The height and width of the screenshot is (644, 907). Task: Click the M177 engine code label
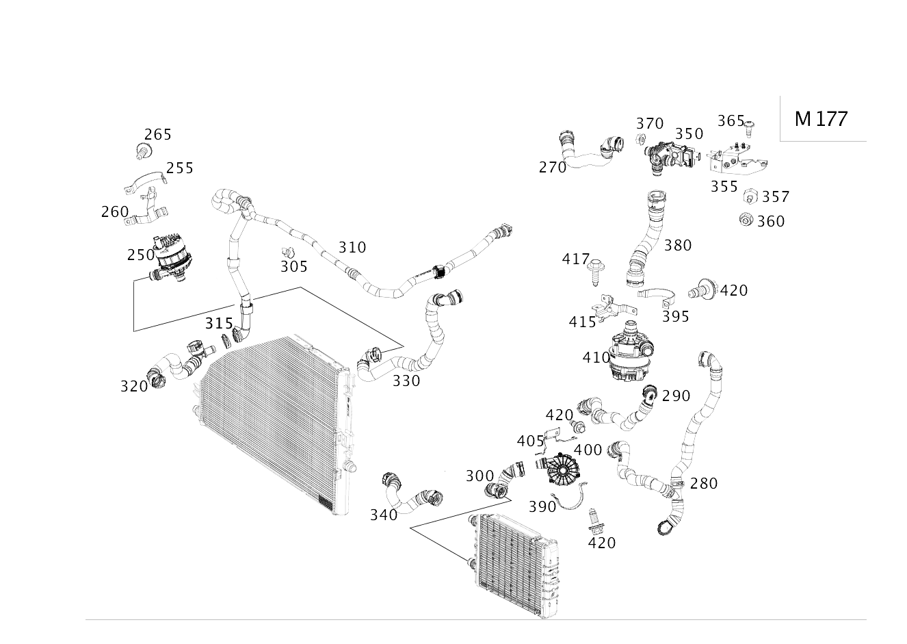[821, 118]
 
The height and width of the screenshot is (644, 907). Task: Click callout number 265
[157, 134]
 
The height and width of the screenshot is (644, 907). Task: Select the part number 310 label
[352, 247]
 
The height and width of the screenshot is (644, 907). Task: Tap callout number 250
[141, 255]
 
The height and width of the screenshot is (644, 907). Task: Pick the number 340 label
[384, 515]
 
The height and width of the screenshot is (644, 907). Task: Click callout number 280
[703, 483]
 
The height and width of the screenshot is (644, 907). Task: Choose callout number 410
[596, 357]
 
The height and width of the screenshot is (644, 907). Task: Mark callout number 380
[677, 245]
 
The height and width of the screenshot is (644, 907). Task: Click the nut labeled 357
[749, 196]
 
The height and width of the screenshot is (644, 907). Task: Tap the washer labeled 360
[746, 220]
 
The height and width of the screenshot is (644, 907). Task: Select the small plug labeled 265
[143, 151]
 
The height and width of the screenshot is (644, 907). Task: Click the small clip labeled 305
[288, 253]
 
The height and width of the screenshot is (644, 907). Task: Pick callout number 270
[552, 167]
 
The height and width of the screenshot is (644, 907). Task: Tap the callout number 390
[542, 506]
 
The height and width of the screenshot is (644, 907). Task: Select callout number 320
[134, 386]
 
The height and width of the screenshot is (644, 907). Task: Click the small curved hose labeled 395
[657, 295]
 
